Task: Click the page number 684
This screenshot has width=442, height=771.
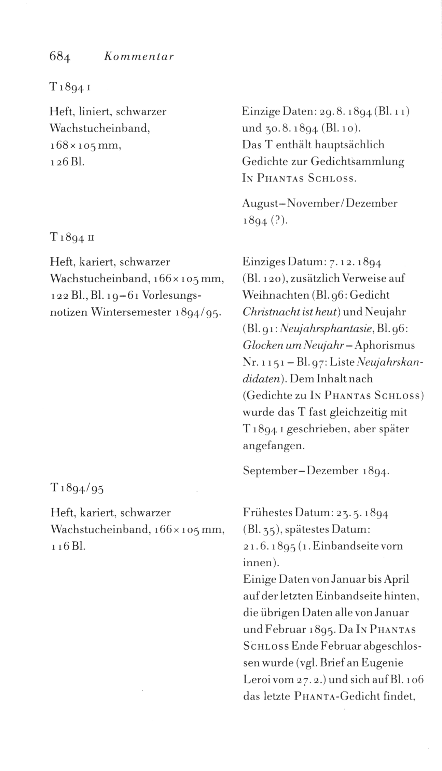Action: pos(60,55)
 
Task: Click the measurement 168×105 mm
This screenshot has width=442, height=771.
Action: pos(86,145)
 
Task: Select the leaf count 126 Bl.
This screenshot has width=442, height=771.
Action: pos(67,161)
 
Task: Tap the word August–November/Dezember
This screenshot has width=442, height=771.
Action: pos(320,204)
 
